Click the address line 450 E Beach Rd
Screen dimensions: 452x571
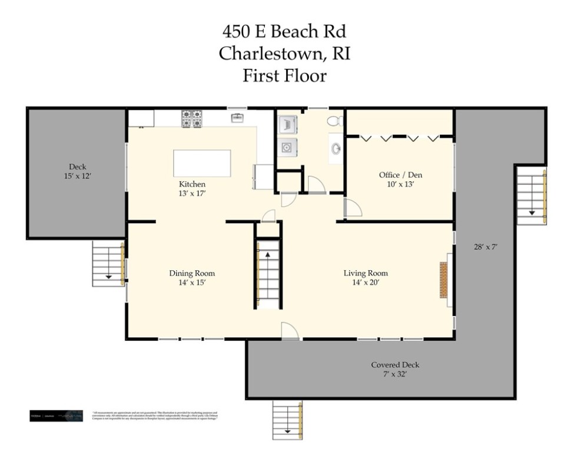tap(285, 31)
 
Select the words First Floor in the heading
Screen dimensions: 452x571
tap(285, 75)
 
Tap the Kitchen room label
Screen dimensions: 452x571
tap(192, 184)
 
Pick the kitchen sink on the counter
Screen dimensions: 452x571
tap(238, 119)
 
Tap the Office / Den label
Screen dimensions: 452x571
tap(400, 175)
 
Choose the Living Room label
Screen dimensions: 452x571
tap(366, 273)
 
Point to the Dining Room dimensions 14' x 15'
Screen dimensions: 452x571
tap(192, 282)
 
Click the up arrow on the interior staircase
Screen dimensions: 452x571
tap(267, 255)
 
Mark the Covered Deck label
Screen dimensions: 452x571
tap(395, 365)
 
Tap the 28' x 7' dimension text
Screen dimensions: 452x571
tap(486, 247)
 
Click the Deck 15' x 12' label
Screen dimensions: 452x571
tap(77, 171)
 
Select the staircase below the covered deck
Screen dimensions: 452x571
tap(287, 418)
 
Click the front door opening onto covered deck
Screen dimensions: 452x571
tap(289, 332)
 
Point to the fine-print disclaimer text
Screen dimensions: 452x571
tap(155, 415)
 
